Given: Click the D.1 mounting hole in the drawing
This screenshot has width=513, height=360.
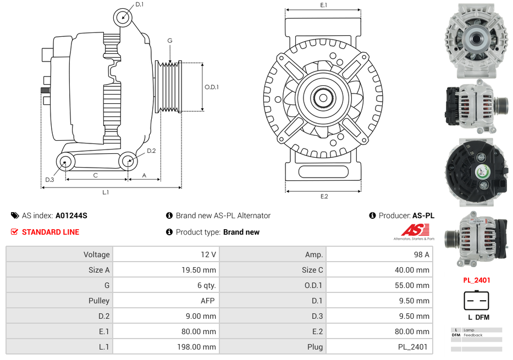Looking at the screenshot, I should tap(123, 17).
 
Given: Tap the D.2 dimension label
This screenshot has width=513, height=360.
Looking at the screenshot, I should tap(151, 151).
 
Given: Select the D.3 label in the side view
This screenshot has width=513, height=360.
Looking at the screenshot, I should tap(49, 180).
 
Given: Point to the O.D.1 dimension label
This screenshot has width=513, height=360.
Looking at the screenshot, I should tap(212, 87).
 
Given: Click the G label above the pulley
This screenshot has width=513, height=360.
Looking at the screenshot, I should tap(170, 41).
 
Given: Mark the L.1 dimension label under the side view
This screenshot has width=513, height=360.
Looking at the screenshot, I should tap(106, 192).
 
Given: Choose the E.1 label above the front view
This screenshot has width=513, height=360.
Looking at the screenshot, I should tap(324, 5).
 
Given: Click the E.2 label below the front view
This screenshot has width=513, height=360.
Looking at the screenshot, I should tap(324, 197).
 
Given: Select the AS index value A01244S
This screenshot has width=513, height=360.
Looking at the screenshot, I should tap(71, 215).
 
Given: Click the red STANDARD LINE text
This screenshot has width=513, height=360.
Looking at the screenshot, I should tap(50, 232).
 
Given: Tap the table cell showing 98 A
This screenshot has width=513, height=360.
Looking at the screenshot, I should tap(379, 254).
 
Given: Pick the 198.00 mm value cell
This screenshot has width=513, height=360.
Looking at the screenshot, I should tap(166, 347).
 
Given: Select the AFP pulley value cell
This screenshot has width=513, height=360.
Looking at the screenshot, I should tap(166, 301).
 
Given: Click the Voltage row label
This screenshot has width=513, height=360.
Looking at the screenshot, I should tap(59, 254).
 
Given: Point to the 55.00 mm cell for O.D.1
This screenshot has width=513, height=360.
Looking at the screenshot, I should tap(379, 285).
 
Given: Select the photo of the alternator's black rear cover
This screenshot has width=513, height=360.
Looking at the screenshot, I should tap(476, 172).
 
